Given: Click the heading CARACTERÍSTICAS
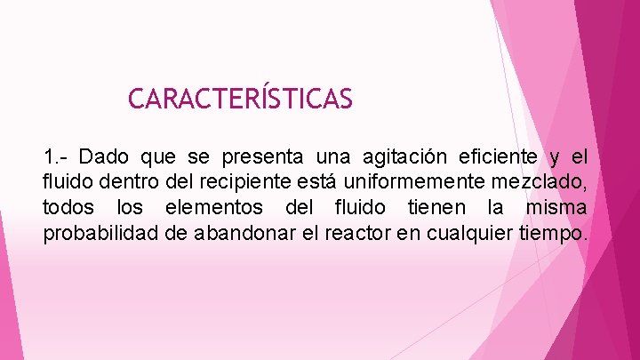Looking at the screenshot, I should click(x=240, y=98).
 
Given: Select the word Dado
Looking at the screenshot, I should click(x=105, y=158).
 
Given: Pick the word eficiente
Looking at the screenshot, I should click(x=499, y=158).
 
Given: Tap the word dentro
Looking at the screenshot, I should click(x=119, y=183).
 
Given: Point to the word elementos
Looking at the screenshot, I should click(x=215, y=208).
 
